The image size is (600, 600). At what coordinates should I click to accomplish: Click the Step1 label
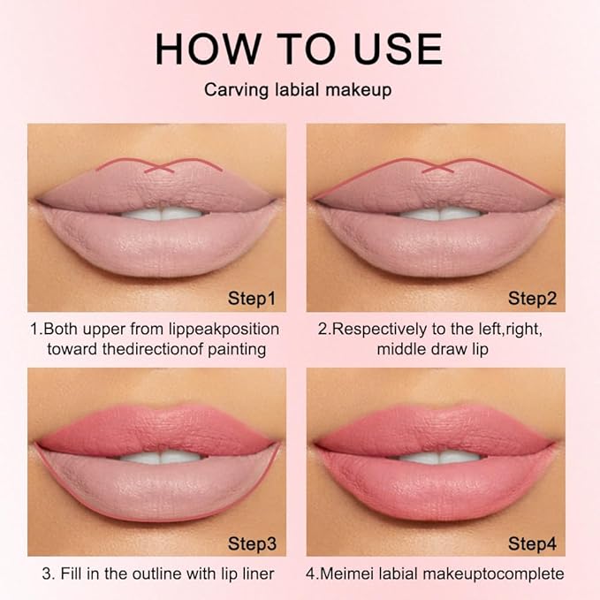coord(250,299)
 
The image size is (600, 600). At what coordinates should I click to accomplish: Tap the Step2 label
coord(532,299)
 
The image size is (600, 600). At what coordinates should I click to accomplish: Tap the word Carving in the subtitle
coord(232,90)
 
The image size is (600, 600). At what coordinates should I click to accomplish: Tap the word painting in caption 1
coord(236,348)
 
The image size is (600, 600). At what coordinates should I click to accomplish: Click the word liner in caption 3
coord(254,573)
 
